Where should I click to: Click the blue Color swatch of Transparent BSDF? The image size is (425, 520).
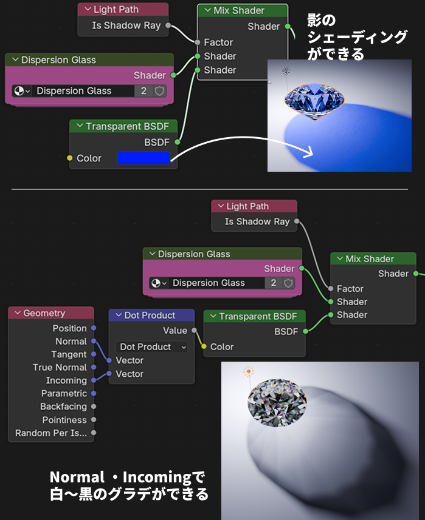pyautogui.click(x=143, y=158)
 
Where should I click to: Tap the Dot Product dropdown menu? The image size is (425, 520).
pyautogui.click(x=151, y=346)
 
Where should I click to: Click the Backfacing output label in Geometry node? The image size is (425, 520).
pyautogui.click(x=63, y=407)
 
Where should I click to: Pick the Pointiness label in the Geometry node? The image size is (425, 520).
pyautogui.click(x=64, y=420)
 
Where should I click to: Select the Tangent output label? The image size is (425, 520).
pyautogui.click(x=69, y=354)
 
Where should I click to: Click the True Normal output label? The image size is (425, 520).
pyautogui.click(x=60, y=367)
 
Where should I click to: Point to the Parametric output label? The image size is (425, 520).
pyautogui.click(x=64, y=393)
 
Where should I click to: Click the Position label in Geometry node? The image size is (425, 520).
pyautogui.click(x=69, y=328)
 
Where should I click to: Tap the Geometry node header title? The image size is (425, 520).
pyautogui.click(x=44, y=313)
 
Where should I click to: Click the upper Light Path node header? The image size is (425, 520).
pyautogui.click(x=116, y=10)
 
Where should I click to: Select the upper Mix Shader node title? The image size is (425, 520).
pyautogui.click(x=239, y=10)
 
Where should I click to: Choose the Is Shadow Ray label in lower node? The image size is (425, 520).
pyautogui.click(x=257, y=221)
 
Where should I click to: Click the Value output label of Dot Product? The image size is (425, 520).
pyautogui.click(x=175, y=331)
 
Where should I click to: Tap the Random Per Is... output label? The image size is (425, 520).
pyautogui.click(x=51, y=433)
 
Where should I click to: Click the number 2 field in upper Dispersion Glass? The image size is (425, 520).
pyautogui.click(x=143, y=91)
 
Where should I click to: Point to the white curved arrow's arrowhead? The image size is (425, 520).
pyautogui.click(x=311, y=152)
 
